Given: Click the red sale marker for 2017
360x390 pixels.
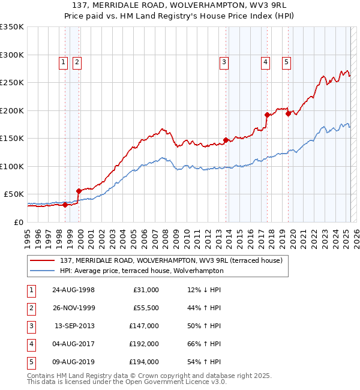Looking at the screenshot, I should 266,115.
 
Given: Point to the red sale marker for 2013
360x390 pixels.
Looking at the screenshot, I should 226,140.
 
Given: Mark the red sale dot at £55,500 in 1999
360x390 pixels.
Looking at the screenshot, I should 79,191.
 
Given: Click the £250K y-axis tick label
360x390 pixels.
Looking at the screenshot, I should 11,83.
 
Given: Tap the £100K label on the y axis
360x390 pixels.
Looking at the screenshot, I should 11,166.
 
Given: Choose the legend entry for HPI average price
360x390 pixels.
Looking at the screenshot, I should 142,271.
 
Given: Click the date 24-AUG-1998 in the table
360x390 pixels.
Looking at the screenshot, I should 74,290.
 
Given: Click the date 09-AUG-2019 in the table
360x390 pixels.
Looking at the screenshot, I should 74,362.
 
